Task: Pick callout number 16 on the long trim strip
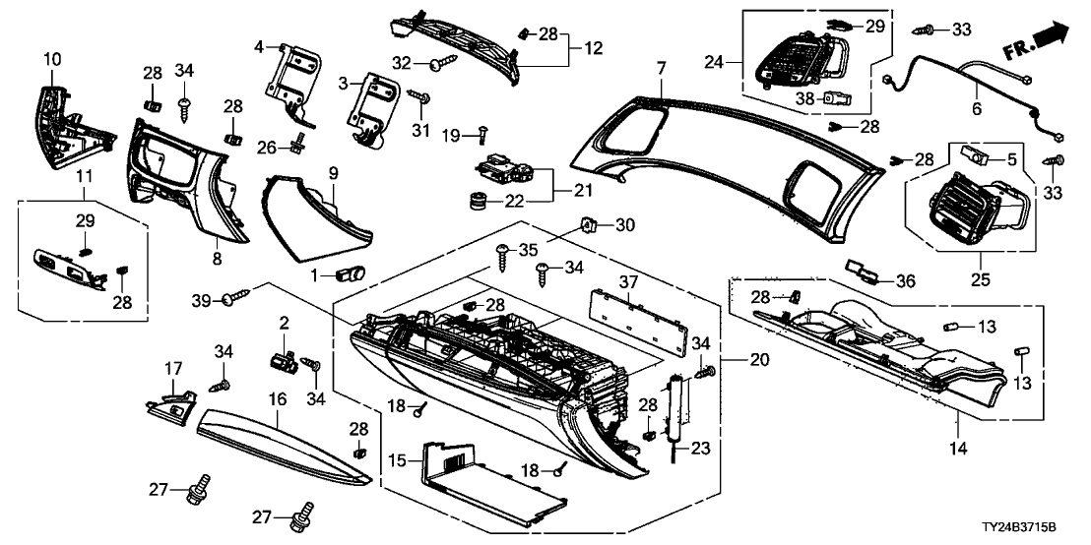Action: click(276, 398)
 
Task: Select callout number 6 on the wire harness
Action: click(977, 111)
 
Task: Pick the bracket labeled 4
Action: click(292, 77)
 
